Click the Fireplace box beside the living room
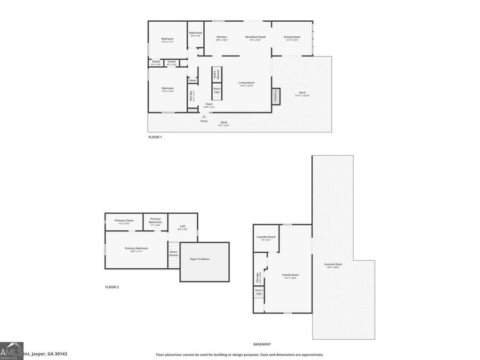click(x=276, y=96)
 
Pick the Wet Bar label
click(x=192, y=96)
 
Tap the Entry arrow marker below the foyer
click(x=204, y=116)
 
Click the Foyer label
click(x=209, y=105)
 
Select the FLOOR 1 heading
click(x=155, y=137)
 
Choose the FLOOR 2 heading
click(x=112, y=287)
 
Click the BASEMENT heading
click(x=262, y=345)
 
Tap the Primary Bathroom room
click(x=155, y=221)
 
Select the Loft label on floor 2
click(x=182, y=227)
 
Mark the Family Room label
click(x=291, y=276)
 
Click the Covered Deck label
click(x=334, y=265)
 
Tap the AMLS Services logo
click(x=12, y=351)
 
